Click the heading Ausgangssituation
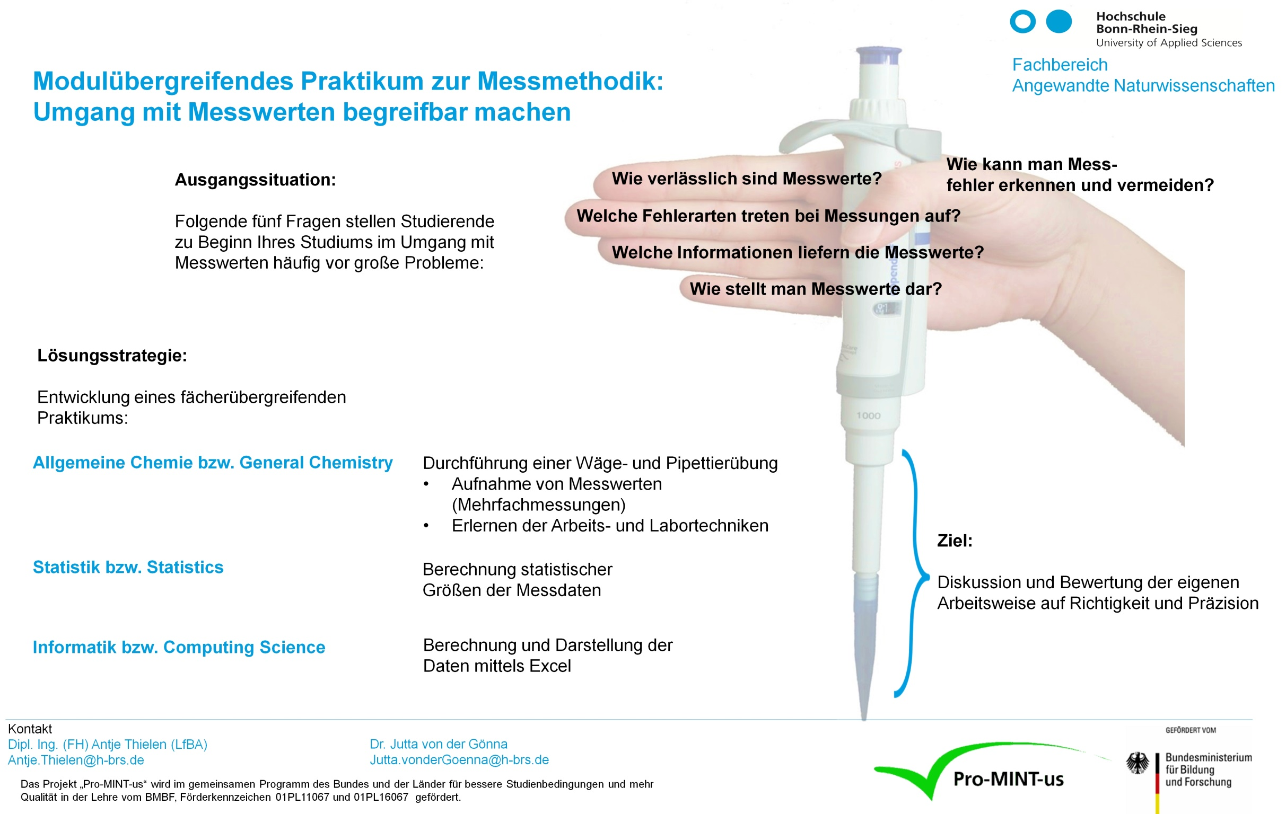(255, 180)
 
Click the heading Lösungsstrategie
(112, 356)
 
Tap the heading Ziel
(955, 541)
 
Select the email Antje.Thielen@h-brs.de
(76, 759)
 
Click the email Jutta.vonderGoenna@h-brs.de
(459, 759)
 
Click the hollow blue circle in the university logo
(1022, 22)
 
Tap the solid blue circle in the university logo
(1058, 22)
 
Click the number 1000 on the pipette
(868, 416)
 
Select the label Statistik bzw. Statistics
(128, 567)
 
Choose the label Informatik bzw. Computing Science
(179, 647)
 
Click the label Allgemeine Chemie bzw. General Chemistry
(213, 462)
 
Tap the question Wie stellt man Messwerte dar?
(816, 289)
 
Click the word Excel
(549, 666)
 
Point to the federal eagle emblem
(1138, 763)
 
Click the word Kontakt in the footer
(30, 729)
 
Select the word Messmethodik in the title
(570, 82)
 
